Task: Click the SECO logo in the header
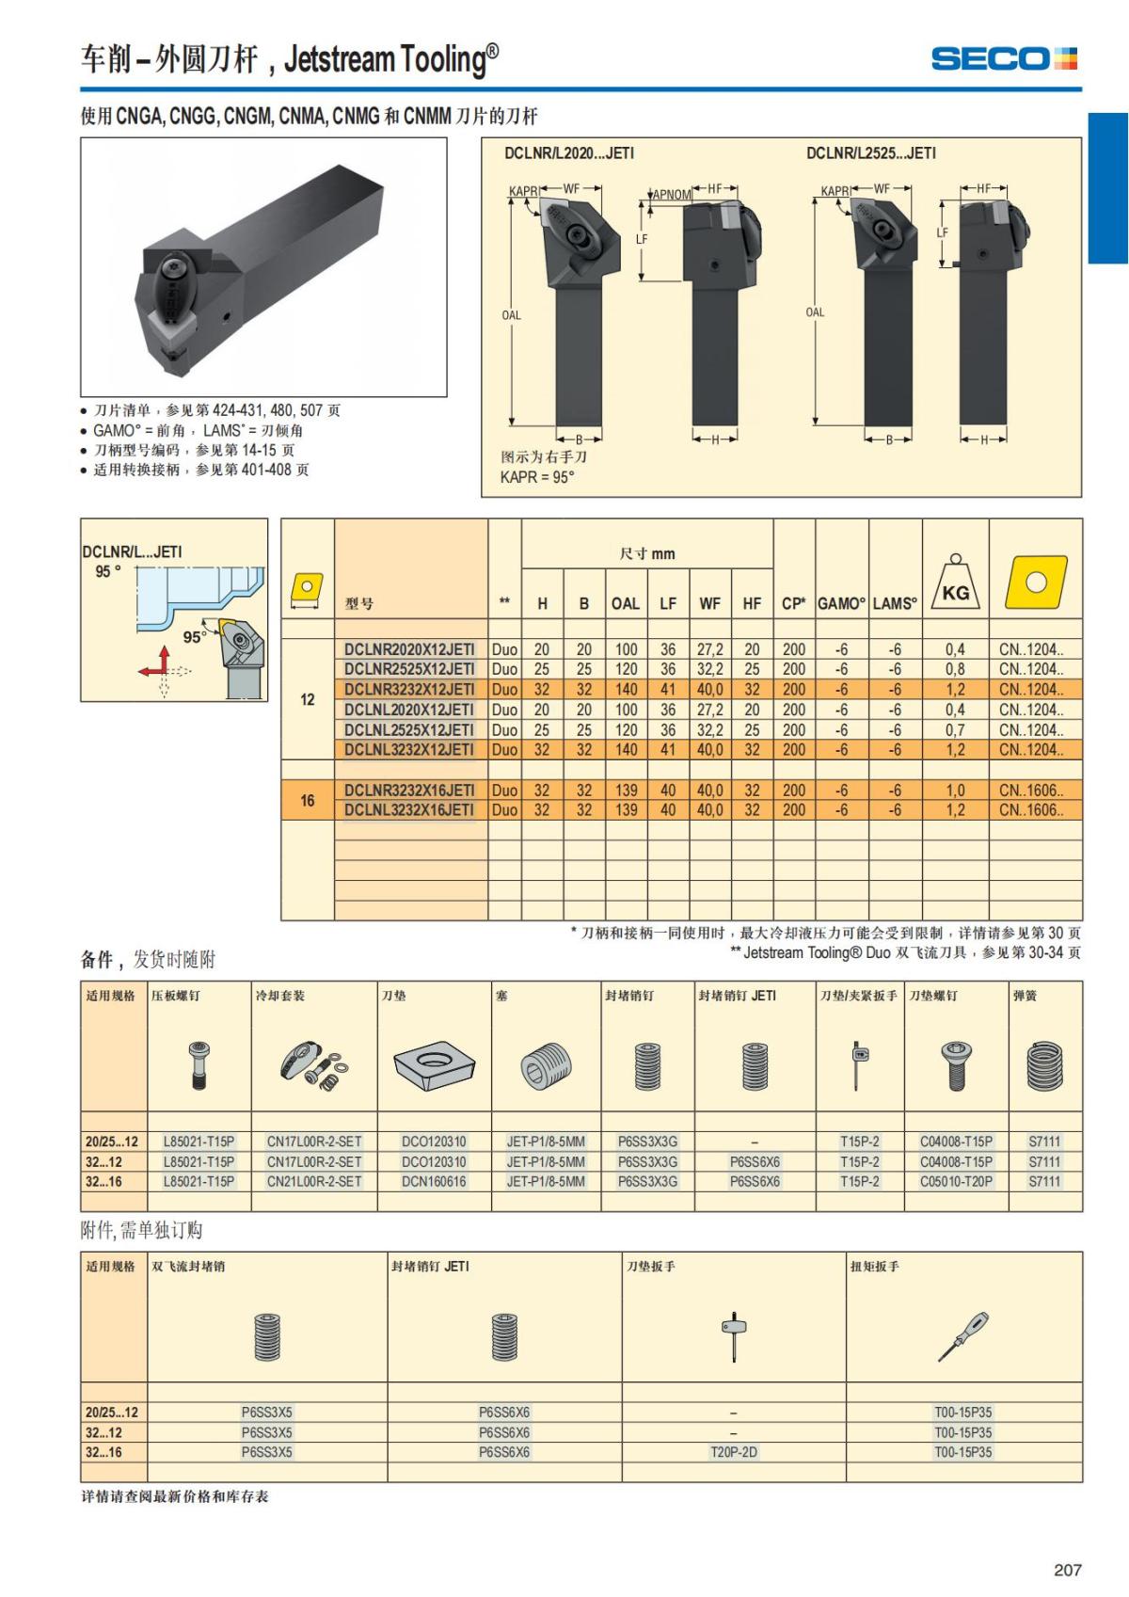point(1004,58)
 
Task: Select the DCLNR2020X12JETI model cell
point(409,649)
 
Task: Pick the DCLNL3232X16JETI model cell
point(409,810)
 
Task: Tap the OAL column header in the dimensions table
point(625,603)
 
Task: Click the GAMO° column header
point(841,603)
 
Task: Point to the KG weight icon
point(955,583)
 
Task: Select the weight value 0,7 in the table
point(955,730)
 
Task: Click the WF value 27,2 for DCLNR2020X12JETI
point(710,649)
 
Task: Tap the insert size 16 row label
point(308,800)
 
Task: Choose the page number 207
point(1067,1570)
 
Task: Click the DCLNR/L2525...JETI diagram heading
point(871,153)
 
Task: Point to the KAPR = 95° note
point(537,477)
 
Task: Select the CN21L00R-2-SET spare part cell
point(314,1181)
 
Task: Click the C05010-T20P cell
point(956,1181)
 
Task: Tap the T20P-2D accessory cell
point(734,1452)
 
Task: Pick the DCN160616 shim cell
point(434,1181)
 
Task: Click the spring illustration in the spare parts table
point(1045,1066)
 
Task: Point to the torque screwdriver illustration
point(962,1336)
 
